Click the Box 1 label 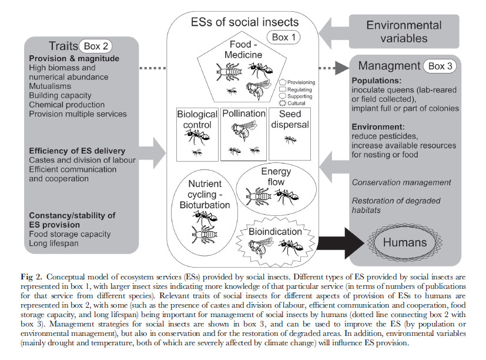[x=284, y=37]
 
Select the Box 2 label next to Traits [x=96, y=46]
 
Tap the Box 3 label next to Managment [x=440, y=66]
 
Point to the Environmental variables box [x=404, y=31]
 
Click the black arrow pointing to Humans [x=341, y=243]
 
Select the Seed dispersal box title [x=290, y=119]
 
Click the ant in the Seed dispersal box [x=290, y=139]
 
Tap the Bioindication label [x=275, y=232]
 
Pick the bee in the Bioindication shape [x=260, y=246]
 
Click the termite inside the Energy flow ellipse [x=258, y=196]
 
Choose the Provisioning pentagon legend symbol [x=282, y=82]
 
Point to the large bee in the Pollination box [x=244, y=130]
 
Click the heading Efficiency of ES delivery [x=77, y=151]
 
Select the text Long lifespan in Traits [x=53, y=243]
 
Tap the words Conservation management [x=401, y=182]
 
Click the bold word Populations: [x=377, y=81]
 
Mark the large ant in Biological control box [x=197, y=137]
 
